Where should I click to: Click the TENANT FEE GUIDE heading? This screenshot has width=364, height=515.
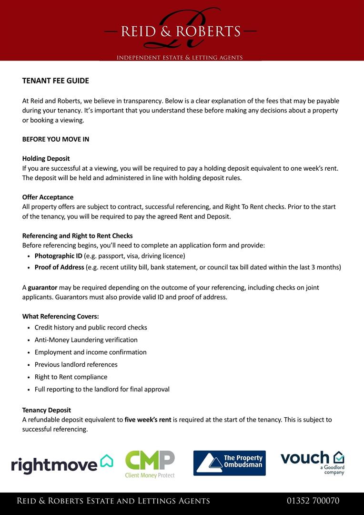click(x=55, y=81)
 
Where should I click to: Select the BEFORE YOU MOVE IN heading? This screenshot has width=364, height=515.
click(x=55, y=139)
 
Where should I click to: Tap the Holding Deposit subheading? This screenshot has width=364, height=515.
click(x=46, y=158)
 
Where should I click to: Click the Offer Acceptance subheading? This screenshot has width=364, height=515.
click(x=48, y=197)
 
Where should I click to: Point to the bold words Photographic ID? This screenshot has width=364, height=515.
click(x=58, y=256)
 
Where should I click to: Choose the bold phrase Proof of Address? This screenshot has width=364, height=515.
click(x=59, y=267)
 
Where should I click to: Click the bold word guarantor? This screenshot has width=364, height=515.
click(x=42, y=288)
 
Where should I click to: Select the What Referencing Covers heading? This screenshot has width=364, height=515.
click(x=61, y=316)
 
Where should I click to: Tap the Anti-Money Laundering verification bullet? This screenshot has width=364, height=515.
click(x=86, y=340)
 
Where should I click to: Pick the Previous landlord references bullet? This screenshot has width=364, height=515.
click(x=76, y=364)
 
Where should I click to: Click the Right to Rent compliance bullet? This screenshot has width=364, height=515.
click(x=71, y=377)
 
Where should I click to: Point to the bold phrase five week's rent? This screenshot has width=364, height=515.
click(x=148, y=420)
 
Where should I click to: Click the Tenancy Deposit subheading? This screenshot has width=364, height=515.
click(x=46, y=410)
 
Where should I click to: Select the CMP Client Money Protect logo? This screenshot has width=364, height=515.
click(x=150, y=464)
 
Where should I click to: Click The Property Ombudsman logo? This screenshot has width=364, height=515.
click(x=229, y=463)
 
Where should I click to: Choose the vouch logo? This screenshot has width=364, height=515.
click(x=312, y=462)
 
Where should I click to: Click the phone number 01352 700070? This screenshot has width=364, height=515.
click(x=313, y=501)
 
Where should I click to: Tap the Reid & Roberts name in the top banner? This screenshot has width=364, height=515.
click(x=181, y=31)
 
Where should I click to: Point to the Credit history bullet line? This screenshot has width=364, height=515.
click(x=91, y=328)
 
